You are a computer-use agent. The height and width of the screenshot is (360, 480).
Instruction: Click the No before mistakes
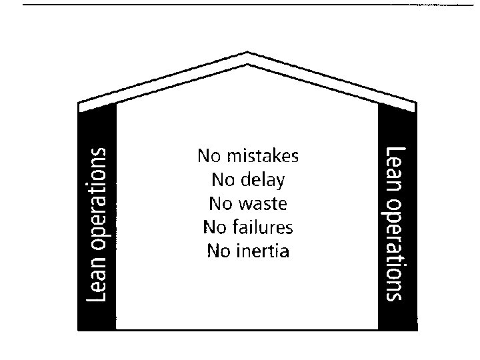click(x=210, y=157)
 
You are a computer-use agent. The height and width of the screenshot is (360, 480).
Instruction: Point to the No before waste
click(x=222, y=203)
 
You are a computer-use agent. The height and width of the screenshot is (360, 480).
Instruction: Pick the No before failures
click(x=215, y=227)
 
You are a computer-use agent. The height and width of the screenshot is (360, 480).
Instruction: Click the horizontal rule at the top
click(x=240, y=5)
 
